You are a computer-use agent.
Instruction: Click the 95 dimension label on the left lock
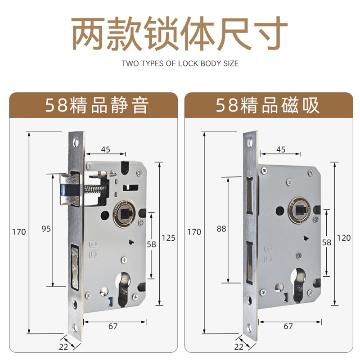(x=46, y=229)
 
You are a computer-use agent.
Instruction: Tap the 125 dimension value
(x=168, y=238)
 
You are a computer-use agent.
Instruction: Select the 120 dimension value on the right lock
(x=344, y=238)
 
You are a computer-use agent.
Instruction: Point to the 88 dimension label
(x=221, y=229)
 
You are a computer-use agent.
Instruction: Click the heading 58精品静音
(x=97, y=105)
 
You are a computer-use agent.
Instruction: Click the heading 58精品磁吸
(x=267, y=105)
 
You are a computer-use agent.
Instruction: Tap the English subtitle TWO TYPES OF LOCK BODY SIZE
(x=180, y=63)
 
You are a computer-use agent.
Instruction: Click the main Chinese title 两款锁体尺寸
(x=180, y=33)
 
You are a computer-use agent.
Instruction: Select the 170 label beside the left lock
(x=19, y=232)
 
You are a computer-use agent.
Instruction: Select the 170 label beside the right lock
(x=194, y=232)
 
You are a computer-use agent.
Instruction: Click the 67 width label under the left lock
(x=113, y=326)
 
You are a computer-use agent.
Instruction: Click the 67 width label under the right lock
(x=288, y=326)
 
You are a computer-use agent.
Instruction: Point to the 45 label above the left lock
(x=106, y=149)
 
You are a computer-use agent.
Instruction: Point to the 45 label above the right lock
(x=281, y=149)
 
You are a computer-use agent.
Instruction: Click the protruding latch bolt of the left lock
(x=70, y=189)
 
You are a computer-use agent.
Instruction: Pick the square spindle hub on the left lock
(x=124, y=214)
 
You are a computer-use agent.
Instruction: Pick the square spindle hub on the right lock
(x=299, y=210)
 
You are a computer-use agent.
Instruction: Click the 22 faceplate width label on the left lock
(x=63, y=346)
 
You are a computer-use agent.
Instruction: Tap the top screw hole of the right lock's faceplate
(x=249, y=142)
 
